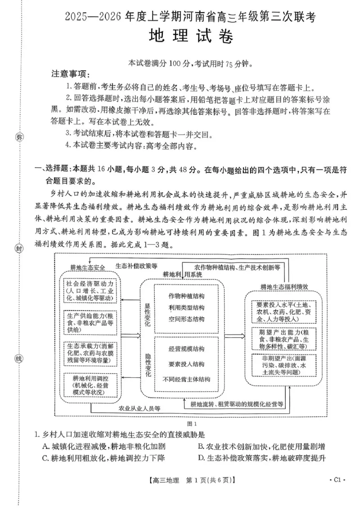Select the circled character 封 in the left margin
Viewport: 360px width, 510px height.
19,248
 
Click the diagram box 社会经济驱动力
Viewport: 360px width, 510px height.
92,291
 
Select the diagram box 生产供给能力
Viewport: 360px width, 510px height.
92,322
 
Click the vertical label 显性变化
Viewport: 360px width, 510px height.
147,314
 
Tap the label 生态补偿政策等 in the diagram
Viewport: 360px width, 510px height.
136,266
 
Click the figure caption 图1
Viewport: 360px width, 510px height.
192,423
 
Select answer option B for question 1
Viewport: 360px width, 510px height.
261,447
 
